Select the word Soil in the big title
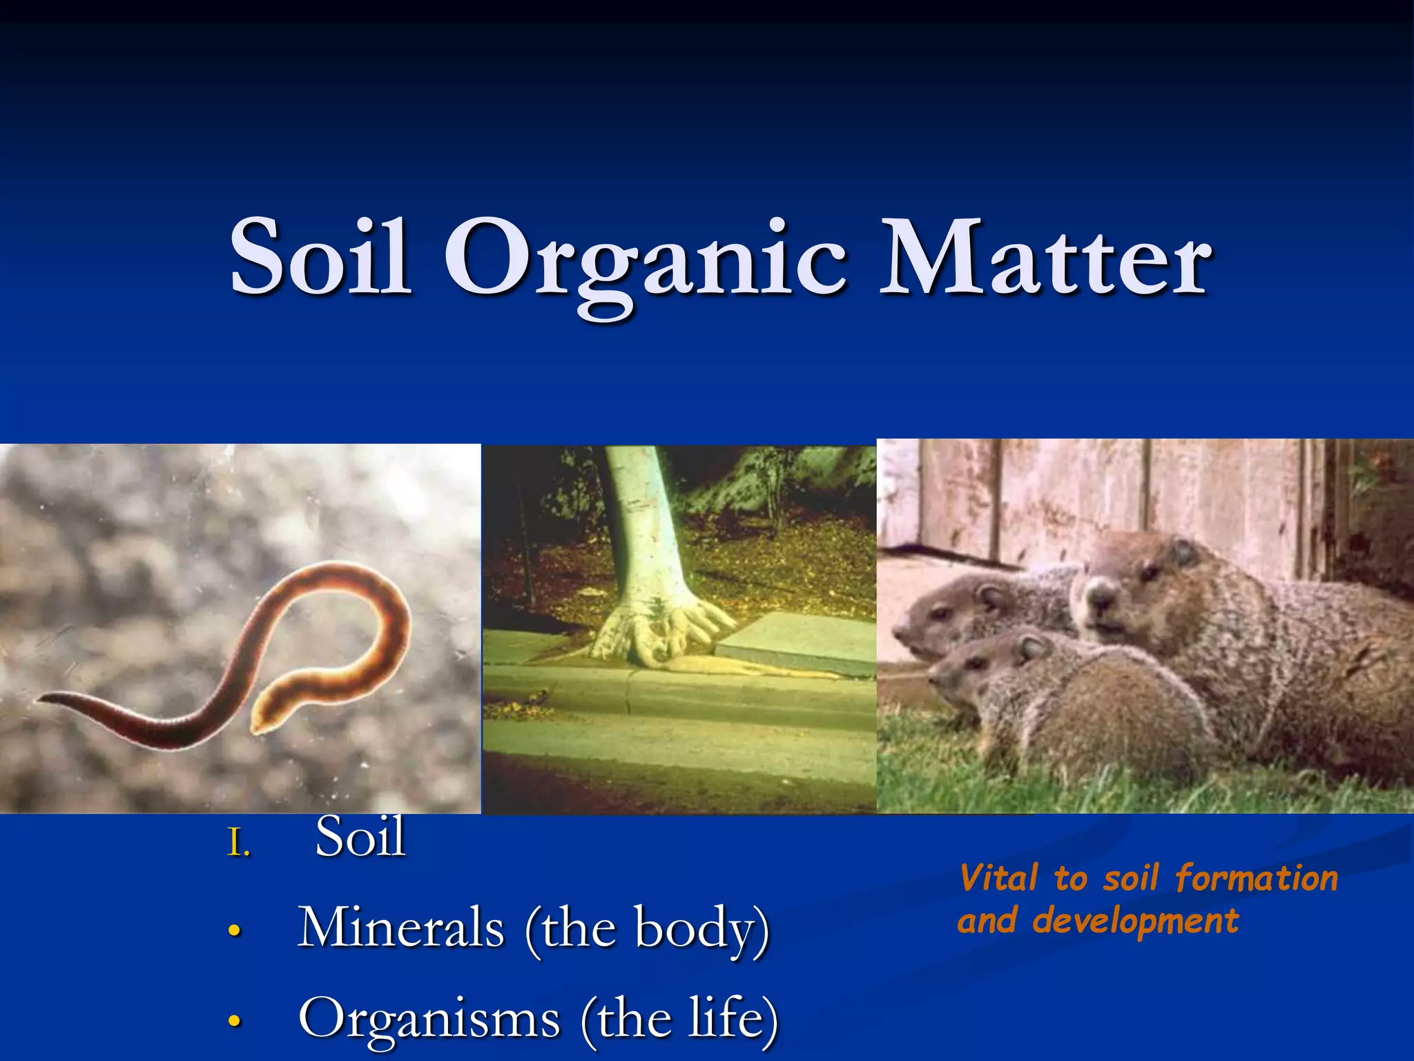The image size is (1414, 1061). pyautogui.click(x=320, y=259)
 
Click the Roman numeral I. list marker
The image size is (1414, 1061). pyautogui.click(x=238, y=844)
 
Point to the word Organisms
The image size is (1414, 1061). pyautogui.click(x=429, y=1019)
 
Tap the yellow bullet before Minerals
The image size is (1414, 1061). pyautogui.click(x=235, y=931)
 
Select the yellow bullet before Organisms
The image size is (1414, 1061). pyautogui.click(x=235, y=1021)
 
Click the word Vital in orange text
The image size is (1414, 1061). pyautogui.click(x=998, y=879)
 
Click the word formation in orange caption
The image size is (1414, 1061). pyautogui.click(x=1257, y=879)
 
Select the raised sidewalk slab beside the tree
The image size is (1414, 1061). pyautogui.click(x=794, y=642)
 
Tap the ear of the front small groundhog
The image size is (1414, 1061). pyautogui.click(x=1032, y=647)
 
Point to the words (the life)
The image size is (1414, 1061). pyautogui.click(x=680, y=1019)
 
